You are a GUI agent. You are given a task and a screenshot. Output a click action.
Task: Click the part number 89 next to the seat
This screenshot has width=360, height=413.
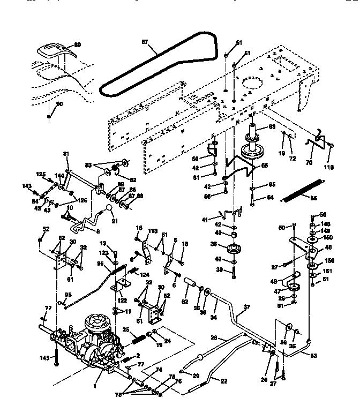coord(77,45)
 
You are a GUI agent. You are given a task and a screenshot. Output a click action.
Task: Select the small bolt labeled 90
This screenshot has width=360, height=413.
coord(49,116)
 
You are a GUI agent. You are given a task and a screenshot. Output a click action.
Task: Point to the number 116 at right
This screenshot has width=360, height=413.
coord(329,167)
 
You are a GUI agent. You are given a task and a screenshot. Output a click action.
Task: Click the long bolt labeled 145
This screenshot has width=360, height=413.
coord(55,363)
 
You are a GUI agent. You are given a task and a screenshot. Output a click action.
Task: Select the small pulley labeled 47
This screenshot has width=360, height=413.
coord(294,290)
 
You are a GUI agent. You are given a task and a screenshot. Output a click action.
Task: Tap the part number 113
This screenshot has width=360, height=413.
coord(153,232)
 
